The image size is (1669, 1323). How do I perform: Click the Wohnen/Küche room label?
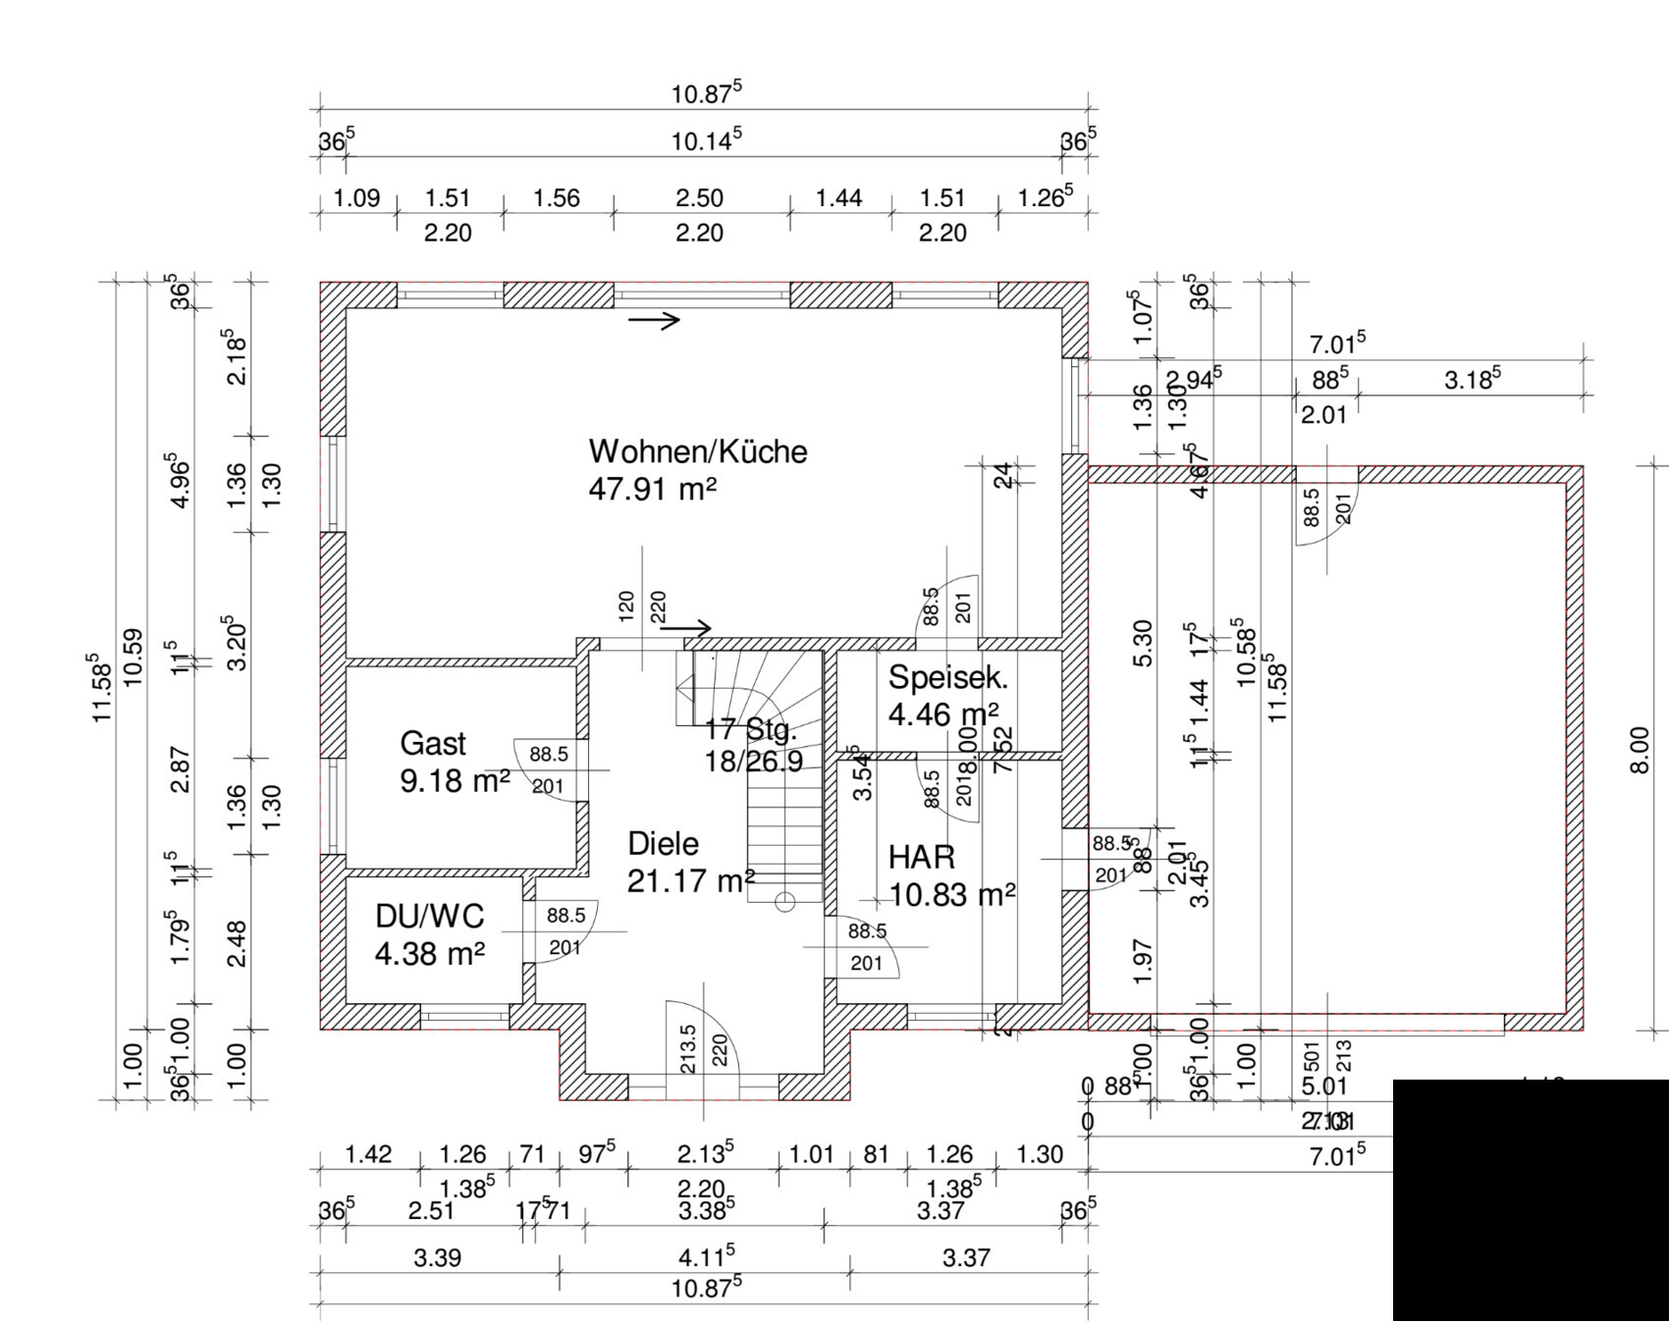[x=697, y=451]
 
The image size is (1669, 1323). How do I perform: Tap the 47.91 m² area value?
[x=652, y=489]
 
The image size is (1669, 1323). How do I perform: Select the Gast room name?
[x=433, y=744]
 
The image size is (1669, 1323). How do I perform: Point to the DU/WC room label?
[x=429, y=916]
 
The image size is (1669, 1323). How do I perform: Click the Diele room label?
[x=663, y=844]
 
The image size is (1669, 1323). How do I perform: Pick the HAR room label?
[x=921, y=857]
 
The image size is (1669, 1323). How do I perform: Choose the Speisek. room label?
[x=947, y=677]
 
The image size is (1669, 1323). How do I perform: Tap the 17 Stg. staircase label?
[x=751, y=730]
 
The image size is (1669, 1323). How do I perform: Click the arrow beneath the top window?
[x=654, y=320]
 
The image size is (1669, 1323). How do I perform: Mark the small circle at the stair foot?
[x=784, y=903]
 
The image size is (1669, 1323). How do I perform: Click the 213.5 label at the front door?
[x=687, y=1049]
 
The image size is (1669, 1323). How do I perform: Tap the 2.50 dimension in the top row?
[x=699, y=198]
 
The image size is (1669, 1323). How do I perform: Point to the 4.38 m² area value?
[x=429, y=953]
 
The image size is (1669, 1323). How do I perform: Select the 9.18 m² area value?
[x=455, y=782]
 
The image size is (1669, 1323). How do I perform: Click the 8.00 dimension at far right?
[x=1640, y=751]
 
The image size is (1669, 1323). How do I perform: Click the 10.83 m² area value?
[x=951, y=895]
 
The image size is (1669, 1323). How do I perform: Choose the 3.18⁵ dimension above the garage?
[x=1471, y=379]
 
